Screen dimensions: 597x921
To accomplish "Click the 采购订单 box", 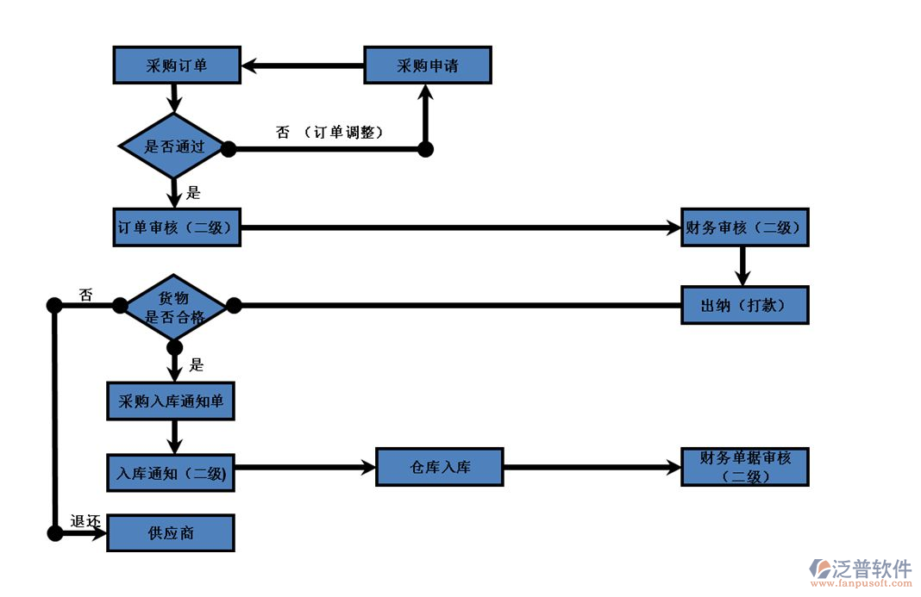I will tap(177, 65).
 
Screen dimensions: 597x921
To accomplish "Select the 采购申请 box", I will tap(428, 65).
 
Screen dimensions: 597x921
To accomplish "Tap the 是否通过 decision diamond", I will tap(174, 146).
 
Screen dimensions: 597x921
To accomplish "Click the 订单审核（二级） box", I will tap(177, 227).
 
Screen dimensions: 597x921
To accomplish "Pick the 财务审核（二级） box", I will tap(744, 227).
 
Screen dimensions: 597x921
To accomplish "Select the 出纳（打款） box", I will tap(744, 305).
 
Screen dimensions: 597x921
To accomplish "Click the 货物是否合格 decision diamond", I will tap(174, 307).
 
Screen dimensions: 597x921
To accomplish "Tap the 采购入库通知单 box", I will tap(170, 401).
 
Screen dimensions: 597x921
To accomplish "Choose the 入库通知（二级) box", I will tap(170, 472).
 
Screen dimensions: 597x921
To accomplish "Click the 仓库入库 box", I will tap(440, 468).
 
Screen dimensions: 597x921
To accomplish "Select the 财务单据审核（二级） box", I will tap(744, 468).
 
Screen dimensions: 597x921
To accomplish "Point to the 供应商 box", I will tap(170, 533).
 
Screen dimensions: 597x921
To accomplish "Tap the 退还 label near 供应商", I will tap(86, 521).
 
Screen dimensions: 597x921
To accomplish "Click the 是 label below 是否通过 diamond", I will tap(194, 193).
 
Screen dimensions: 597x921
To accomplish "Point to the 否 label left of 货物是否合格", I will tap(86, 295).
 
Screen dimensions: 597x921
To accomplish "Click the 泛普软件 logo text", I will tap(871, 569).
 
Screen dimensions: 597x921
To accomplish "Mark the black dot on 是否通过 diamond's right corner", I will tap(229, 149).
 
